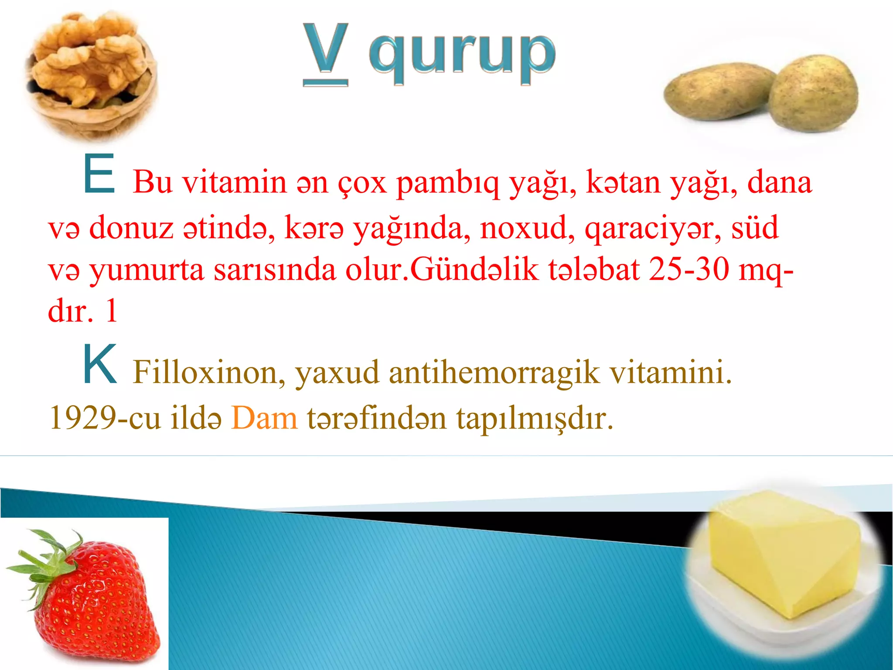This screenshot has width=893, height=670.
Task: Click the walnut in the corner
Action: pos(92,74)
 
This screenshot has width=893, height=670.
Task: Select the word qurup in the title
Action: pos(462,55)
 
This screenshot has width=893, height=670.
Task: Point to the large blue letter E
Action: pos(99,174)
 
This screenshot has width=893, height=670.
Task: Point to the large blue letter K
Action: pos(100,365)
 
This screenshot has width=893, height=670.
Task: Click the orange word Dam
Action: pos(264,418)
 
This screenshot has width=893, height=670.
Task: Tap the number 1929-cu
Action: pos(105,418)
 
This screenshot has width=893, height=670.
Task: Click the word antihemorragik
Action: pos(494,373)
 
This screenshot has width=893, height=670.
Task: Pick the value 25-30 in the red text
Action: pos(689,270)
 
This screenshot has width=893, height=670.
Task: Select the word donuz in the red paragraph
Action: pos(131,228)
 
